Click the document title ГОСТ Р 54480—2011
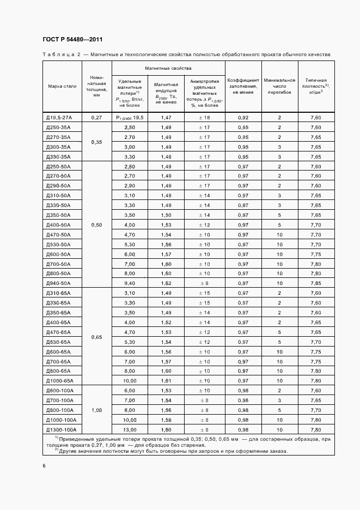coord(72,39)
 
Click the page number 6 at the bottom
coord(44,466)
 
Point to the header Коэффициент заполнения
coord(243,86)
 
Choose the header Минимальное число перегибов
coord(279,86)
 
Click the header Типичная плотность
coord(315,86)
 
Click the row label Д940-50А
coord(58,283)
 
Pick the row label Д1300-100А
coord(61,430)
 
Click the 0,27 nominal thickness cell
coord(96,118)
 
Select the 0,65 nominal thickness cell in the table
coord(96,337)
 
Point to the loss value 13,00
coord(130,430)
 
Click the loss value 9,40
coord(130,283)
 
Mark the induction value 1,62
coord(166,283)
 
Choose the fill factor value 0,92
coord(243,118)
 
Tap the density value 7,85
coord(315,283)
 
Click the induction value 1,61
coord(166,381)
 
